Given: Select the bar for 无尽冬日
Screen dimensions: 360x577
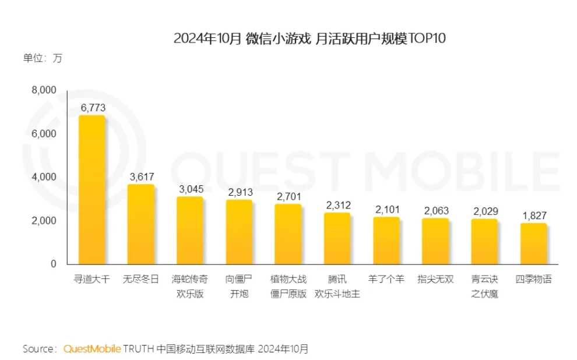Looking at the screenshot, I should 141,224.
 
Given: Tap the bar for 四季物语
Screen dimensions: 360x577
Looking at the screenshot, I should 533,243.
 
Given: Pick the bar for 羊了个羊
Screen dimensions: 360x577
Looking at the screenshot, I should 386,241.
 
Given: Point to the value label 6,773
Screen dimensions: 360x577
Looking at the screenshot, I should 92,107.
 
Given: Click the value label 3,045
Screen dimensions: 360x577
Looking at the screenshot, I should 190,189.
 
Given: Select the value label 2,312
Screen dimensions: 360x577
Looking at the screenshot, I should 337,205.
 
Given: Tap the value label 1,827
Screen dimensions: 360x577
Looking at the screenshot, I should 534,216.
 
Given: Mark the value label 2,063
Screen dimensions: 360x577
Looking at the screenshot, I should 435,210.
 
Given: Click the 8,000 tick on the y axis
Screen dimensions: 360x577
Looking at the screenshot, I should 44,90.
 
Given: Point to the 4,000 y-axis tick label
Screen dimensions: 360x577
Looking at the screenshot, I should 44,177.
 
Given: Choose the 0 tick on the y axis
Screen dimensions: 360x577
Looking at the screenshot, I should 53,264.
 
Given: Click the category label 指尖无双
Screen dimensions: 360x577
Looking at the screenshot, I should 435,280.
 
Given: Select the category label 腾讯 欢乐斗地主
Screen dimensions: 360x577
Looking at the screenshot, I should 337,287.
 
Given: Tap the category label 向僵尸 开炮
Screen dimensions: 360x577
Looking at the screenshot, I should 239,287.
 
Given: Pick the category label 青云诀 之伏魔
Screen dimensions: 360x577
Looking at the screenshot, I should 484,287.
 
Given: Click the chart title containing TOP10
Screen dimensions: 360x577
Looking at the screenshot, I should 309,38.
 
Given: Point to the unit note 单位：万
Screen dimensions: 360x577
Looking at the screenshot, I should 42,58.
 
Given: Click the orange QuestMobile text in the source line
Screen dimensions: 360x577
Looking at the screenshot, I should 92,349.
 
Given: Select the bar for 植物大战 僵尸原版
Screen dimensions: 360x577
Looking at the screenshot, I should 288,234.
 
